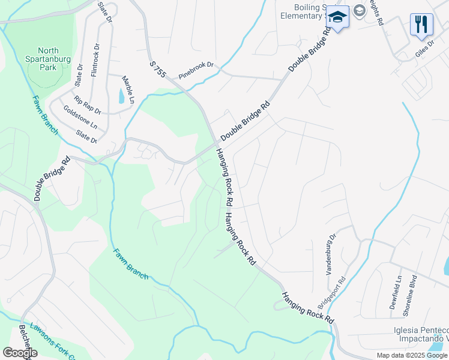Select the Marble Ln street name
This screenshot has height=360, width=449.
tap(128, 88)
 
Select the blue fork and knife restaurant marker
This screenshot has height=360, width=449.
tap(421, 24)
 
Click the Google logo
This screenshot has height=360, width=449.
tap(19, 352)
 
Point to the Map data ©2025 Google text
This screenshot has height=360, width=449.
tap(412, 355)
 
